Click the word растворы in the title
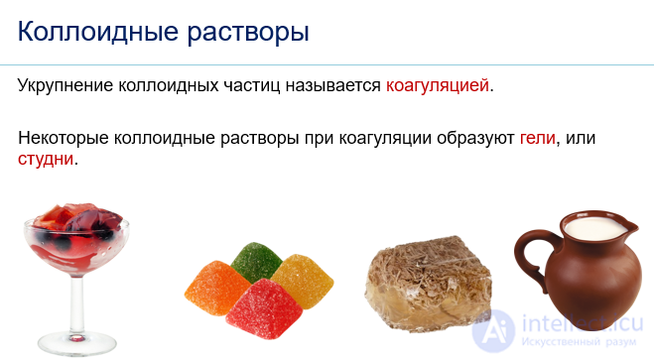pos(244,32)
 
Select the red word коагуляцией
pos(438,85)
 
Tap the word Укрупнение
pos(65,85)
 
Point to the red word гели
pos(538,138)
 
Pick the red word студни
pos(46,158)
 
